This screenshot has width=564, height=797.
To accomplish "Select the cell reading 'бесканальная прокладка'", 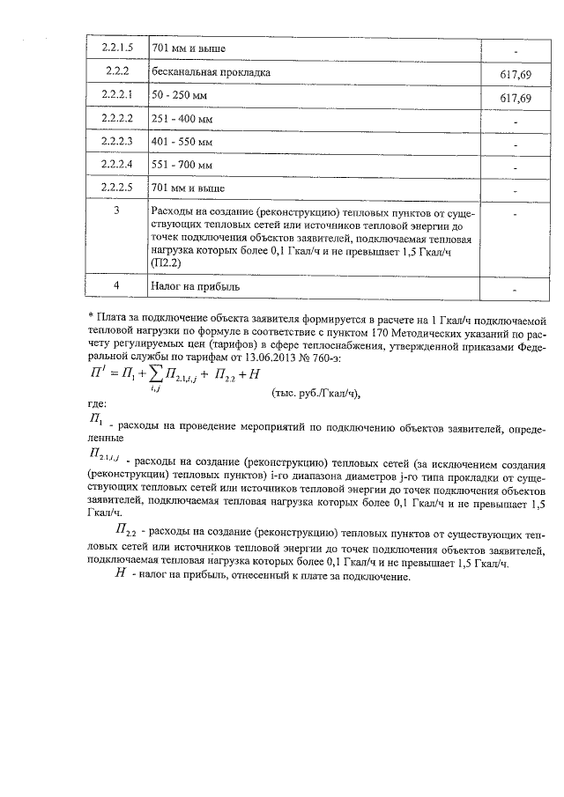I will [211, 71].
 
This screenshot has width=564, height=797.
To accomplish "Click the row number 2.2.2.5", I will [117, 188].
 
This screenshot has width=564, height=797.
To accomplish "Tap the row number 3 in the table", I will [117, 212].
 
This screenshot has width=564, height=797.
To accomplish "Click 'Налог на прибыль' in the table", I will [196, 287].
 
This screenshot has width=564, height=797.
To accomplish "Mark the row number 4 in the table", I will [117, 286].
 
